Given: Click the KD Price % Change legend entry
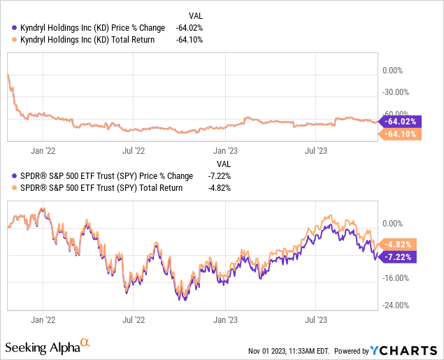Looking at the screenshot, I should pos(88,27).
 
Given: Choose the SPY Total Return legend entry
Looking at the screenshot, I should pos(94,187).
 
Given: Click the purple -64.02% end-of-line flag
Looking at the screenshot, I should pos(399,120).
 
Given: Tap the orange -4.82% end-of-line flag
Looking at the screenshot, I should pos(396,244).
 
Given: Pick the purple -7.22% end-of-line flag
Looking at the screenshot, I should pos(396,257).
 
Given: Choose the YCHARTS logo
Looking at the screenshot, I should pos(405,350).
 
